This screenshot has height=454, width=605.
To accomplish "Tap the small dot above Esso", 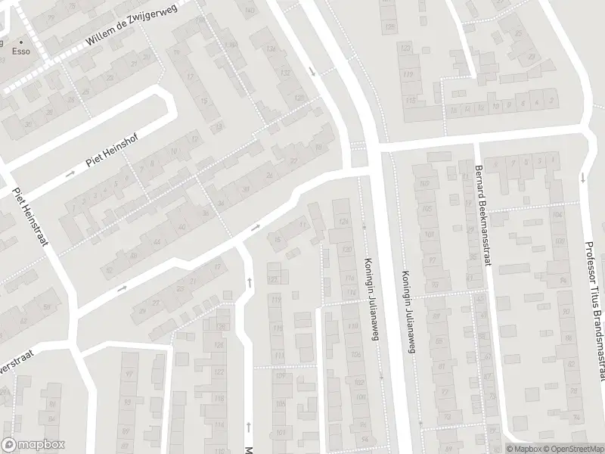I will pyautogui.click(x=21, y=42).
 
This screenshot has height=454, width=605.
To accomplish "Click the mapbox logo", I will pyautogui.click(x=33, y=444).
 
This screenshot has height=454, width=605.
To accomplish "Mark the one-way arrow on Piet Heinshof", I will pyautogui.click(x=70, y=174).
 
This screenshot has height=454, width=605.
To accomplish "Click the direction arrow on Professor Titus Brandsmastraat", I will pyautogui.click(x=582, y=179).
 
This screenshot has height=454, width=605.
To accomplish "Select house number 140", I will pyautogui.click(x=250, y=11).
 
